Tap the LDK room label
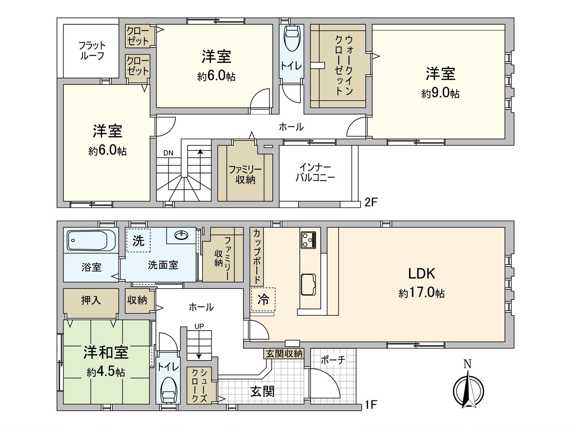pos(422,273)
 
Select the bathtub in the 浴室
pos(91,240)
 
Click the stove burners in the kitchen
pos(308,240)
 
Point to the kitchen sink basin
pos(308,285)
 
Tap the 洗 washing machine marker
pos(138,240)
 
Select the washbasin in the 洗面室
pos(182,235)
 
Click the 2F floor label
pos(371,202)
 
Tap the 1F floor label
pos(371,405)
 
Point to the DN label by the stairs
pos(168,153)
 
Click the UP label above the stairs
pos(199,326)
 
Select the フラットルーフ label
pos(92,50)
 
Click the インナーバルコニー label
pos(315,172)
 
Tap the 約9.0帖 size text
pos(440,93)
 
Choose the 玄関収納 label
pos(284,354)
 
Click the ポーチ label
pos(333,360)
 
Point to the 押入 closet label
pos(91,300)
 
